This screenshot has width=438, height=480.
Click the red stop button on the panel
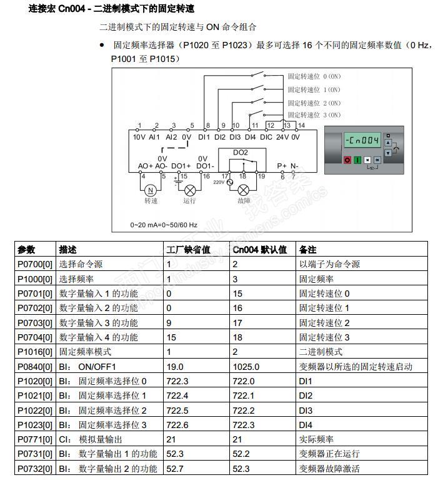click(x=348, y=160)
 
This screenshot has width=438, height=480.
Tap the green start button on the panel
click(x=357, y=160)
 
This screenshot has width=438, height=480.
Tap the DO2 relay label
click(x=240, y=153)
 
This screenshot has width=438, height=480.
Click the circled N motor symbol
click(x=150, y=190)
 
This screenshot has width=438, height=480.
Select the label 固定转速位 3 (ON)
click(x=314, y=115)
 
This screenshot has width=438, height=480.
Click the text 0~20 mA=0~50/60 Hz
click(x=164, y=224)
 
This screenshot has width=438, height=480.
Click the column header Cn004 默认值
click(x=259, y=250)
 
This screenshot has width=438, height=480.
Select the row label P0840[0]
click(x=36, y=367)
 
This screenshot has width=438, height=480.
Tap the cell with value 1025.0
click(x=245, y=367)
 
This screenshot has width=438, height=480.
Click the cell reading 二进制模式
click(x=321, y=352)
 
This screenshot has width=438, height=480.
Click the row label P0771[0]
click(x=36, y=440)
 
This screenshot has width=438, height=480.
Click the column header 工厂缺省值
click(x=188, y=250)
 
